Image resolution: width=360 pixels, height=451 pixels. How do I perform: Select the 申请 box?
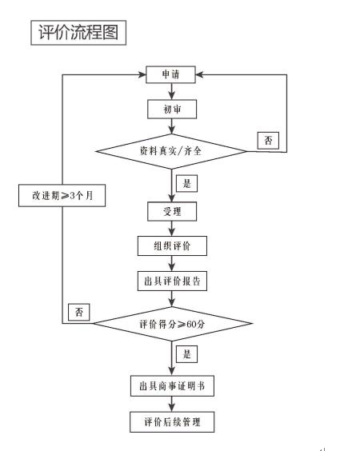(x=172, y=74)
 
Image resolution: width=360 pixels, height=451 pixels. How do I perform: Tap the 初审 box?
(x=172, y=108)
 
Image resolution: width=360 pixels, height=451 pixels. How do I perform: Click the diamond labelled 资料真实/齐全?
(x=172, y=150)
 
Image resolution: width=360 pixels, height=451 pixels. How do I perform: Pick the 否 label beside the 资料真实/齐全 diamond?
(x=267, y=142)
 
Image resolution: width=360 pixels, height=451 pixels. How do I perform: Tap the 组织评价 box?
(x=172, y=245)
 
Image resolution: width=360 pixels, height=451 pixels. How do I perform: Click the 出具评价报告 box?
(x=172, y=281)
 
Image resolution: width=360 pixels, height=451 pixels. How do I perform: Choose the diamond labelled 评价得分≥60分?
(x=172, y=323)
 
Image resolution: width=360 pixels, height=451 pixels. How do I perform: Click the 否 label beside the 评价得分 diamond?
(x=78, y=310)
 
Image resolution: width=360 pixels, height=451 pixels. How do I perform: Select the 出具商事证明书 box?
(x=172, y=386)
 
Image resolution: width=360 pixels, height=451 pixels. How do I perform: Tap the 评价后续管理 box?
(x=172, y=421)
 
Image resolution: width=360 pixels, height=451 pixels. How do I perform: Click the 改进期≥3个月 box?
(x=62, y=194)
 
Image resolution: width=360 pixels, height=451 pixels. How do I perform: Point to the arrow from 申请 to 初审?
(x=172, y=91)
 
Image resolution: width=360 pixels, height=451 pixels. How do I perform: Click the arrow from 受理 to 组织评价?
(x=172, y=228)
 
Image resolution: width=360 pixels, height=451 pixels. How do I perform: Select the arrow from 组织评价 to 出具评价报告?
(x=172, y=263)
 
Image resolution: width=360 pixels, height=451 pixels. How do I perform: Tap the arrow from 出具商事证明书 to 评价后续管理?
(x=172, y=404)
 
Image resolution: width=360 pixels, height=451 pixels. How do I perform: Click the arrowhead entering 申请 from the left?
(x=142, y=74)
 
